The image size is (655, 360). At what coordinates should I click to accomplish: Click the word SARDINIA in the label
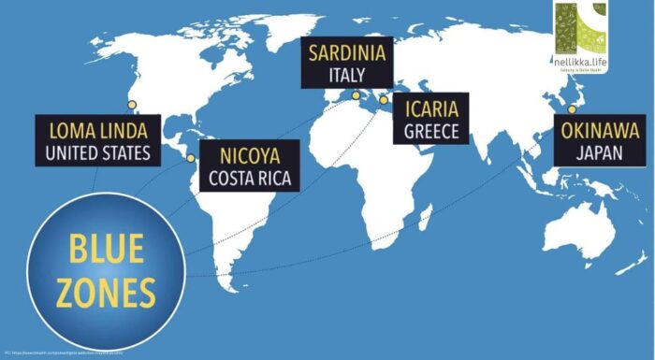pos(349,50)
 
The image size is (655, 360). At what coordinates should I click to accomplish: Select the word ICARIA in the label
pos(431,108)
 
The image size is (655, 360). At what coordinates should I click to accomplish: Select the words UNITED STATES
pos(96,151)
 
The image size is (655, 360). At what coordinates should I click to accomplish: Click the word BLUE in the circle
pos(105,251)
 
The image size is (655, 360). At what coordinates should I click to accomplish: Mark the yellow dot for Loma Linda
pos(132,105)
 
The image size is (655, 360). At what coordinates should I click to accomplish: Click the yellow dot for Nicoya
pos(191,158)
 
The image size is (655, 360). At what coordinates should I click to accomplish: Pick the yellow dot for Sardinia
pos(356,94)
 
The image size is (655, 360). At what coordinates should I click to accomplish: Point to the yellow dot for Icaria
pos(383,99)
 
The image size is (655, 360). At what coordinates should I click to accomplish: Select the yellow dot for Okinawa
pos(573,109)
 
